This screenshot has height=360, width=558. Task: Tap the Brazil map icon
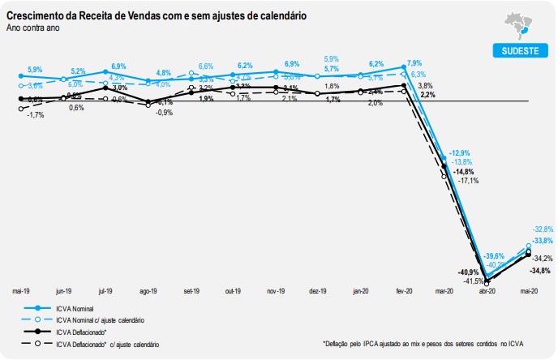pos(516,24)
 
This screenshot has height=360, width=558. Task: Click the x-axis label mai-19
pos(22,290)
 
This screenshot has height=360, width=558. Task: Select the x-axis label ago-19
pos(148,290)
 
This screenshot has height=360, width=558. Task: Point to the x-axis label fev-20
pos(402,290)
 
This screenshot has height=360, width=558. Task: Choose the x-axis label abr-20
pos(487,290)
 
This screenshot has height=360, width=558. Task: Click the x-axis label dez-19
pos(317,290)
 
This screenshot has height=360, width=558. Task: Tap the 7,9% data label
pos(414,62)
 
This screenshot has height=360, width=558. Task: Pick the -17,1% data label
pos(466,180)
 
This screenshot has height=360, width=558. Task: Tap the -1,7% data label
pos(35,115)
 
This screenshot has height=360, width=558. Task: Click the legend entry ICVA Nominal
pos(77,308)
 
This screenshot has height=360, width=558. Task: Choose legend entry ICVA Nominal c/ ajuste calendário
pos(106,320)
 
